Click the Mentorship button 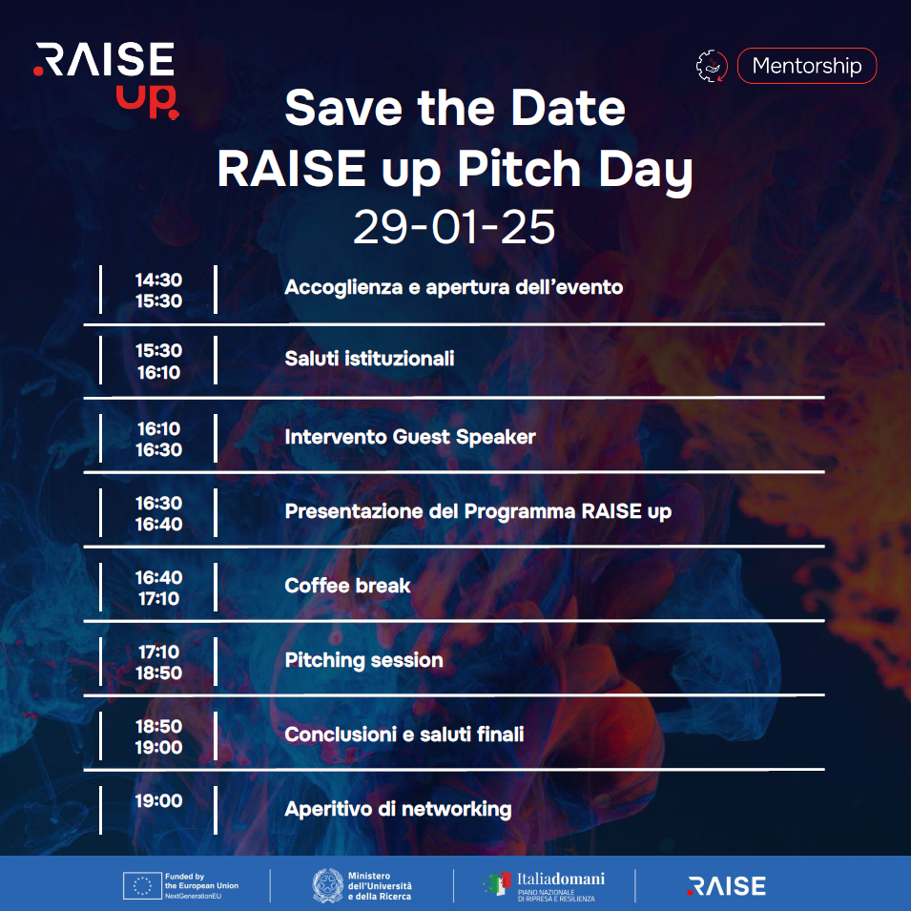[806, 66]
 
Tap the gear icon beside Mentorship [712, 66]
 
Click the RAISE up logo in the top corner [106, 80]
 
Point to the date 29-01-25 [454, 227]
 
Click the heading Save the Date [455, 108]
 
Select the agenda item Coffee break [347, 585]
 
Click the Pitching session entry [363, 660]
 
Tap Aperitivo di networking [398, 809]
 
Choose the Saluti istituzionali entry [369, 359]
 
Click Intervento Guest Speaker [410, 436]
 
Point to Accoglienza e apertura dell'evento [454, 287]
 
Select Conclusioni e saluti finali [404, 735]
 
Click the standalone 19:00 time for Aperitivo [158, 800]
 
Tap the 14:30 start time [158, 280]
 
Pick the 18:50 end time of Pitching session [158, 673]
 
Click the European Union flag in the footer [142, 886]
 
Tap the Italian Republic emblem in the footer [328, 885]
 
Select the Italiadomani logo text [561, 879]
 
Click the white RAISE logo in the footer [726, 886]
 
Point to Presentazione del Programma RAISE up [478, 511]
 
